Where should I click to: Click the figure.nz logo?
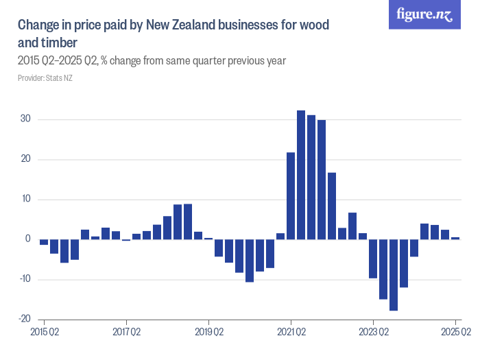(x=424, y=15)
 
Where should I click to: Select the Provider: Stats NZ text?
(x=45, y=77)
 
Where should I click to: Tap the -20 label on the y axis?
(x=23, y=319)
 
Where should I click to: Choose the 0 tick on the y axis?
(x=27, y=239)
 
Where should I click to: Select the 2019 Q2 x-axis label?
(x=208, y=333)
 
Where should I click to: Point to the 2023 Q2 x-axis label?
(x=373, y=333)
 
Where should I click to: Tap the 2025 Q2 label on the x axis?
(x=455, y=333)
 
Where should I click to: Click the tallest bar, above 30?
(x=301, y=175)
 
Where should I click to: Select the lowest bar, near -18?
(x=394, y=274)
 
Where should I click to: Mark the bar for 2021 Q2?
(x=291, y=195)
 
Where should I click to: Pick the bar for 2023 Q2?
(x=373, y=259)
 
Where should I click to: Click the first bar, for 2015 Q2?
(x=44, y=242)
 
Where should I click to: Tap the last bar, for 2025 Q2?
(x=455, y=238)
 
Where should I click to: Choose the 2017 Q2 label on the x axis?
(x=126, y=333)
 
